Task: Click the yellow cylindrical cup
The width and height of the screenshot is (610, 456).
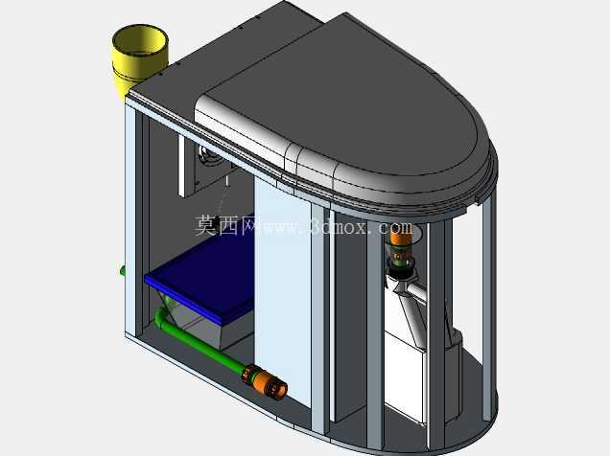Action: pyautogui.click(x=138, y=58)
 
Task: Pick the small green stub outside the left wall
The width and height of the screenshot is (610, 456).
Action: pyautogui.click(x=122, y=270)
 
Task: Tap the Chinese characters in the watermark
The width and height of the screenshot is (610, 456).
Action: pyautogui.click(x=226, y=226)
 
